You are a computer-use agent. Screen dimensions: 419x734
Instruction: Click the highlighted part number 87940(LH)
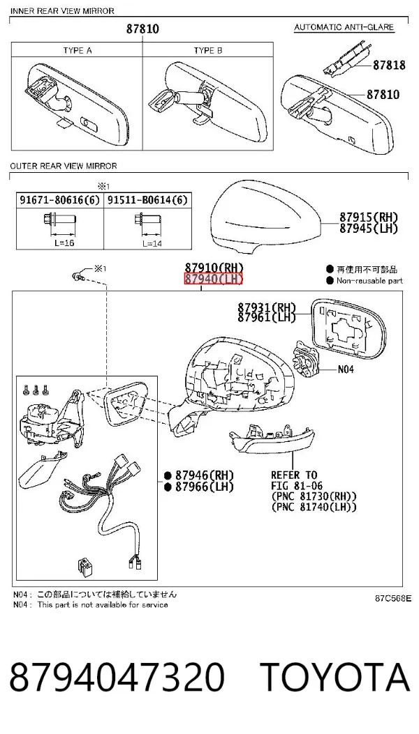[x=214, y=280]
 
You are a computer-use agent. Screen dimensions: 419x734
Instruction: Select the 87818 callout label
[x=389, y=65]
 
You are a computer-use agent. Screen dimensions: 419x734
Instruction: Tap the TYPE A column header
[x=78, y=50]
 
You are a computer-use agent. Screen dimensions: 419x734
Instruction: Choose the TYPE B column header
[x=208, y=50]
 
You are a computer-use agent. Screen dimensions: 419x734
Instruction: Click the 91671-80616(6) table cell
[x=60, y=200]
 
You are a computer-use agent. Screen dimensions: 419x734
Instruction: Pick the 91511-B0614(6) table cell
[x=147, y=200]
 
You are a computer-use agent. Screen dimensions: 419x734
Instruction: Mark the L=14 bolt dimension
[x=152, y=244]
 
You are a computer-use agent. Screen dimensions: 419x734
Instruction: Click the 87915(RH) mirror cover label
[x=369, y=217]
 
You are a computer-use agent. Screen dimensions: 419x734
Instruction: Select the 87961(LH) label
[x=267, y=317]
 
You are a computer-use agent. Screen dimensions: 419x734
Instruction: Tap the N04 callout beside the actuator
[x=346, y=369]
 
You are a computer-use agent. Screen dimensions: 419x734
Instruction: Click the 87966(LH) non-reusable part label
[x=204, y=487]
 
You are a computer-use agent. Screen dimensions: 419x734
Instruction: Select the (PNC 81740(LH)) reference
[x=314, y=507]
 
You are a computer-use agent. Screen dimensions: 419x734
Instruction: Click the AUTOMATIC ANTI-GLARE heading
[x=344, y=27]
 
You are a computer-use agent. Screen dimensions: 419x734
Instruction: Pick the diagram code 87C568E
[x=393, y=598]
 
